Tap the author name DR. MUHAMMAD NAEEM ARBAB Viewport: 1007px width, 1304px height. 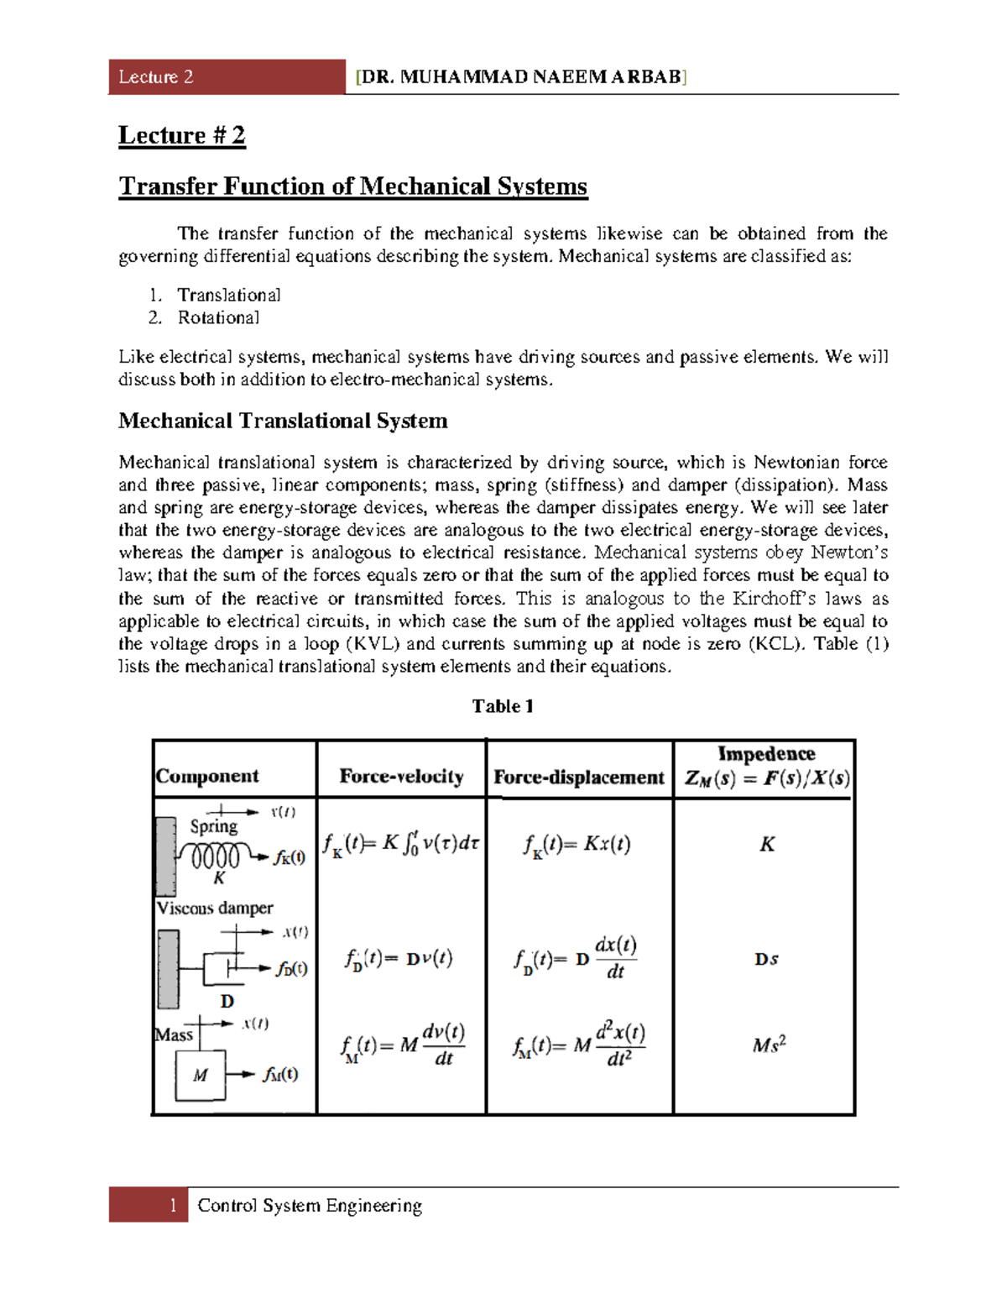(x=520, y=77)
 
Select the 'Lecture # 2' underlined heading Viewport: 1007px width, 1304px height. (x=181, y=135)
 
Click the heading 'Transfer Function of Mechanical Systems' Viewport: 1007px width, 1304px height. (x=352, y=186)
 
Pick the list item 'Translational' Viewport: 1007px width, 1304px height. (x=228, y=295)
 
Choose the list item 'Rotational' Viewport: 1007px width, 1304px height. (x=218, y=317)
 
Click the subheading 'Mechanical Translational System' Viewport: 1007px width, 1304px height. (x=283, y=421)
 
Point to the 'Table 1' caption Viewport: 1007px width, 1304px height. (x=502, y=706)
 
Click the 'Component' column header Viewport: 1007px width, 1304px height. (x=207, y=776)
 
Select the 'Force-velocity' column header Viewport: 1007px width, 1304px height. (x=401, y=776)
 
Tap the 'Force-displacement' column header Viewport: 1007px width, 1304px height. (x=578, y=777)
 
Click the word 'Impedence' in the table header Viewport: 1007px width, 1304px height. (x=766, y=753)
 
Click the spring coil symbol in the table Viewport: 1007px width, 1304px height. (x=215, y=856)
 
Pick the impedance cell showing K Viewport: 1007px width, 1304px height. (x=766, y=845)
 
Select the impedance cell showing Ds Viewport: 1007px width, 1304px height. (x=766, y=959)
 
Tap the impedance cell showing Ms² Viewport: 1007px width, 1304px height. (x=769, y=1045)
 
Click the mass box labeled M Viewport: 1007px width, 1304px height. (x=200, y=1075)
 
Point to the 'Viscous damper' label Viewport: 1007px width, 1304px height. (x=215, y=908)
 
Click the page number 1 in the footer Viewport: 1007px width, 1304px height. (x=173, y=1205)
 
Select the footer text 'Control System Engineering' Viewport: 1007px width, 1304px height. (x=310, y=1206)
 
